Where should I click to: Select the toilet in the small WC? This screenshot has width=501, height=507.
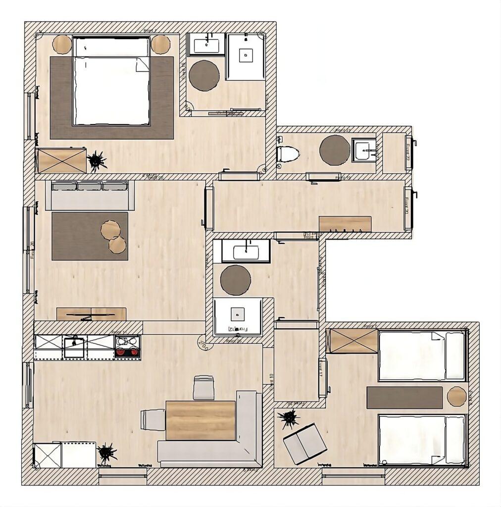[x=288, y=154]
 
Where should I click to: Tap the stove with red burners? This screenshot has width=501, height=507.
[x=127, y=346]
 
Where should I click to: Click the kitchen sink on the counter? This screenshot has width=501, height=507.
[x=74, y=346]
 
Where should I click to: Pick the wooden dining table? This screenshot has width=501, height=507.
[x=200, y=420]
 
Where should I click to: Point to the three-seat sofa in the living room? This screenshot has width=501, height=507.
[x=90, y=195]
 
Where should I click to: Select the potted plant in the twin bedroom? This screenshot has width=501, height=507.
[x=289, y=419]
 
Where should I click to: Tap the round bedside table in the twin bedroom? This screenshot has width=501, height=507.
[x=456, y=397]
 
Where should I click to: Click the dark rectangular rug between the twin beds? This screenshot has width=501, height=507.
[x=404, y=398]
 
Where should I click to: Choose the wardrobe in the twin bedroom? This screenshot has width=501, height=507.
[x=353, y=341]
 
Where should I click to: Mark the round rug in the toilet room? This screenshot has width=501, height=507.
[x=335, y=150]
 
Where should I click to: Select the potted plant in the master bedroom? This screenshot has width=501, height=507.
[x=97, y=160]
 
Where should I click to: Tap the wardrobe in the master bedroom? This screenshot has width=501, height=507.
[x=62, y=160]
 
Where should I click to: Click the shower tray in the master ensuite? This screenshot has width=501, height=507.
[x=246, y=56]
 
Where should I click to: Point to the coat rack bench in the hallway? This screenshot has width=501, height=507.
[x=345, y=224]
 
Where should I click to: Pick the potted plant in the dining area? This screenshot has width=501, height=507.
[x=107, y=453]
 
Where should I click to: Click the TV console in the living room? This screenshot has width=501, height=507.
[x=91, y=314]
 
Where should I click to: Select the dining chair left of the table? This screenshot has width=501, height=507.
[x=153, y=420]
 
